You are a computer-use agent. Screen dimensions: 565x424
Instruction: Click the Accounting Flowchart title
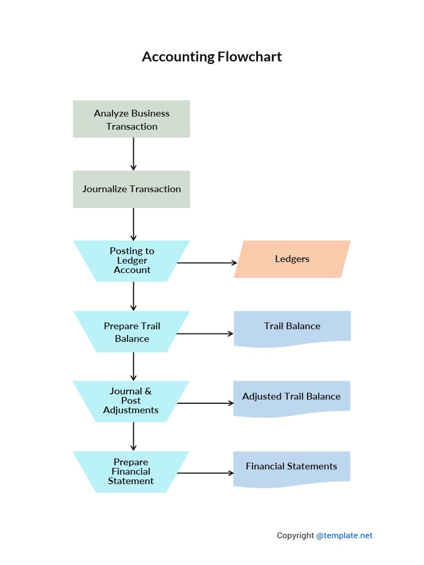tap(211, 56)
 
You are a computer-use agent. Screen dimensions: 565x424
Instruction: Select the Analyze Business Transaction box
tap(131, 119)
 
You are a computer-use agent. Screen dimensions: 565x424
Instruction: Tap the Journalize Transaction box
tap(131, 189)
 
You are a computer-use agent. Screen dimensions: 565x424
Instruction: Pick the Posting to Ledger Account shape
tap(131, 260)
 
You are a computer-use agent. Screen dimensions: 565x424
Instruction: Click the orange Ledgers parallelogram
tap(292, 259)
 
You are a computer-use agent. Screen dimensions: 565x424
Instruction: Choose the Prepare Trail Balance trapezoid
tap(131, 332)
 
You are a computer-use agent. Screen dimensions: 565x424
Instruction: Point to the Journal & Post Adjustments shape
tap(131, 401)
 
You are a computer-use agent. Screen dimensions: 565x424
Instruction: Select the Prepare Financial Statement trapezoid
tap(131, 472)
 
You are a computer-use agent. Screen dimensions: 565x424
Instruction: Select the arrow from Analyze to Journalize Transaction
tap(134, 153)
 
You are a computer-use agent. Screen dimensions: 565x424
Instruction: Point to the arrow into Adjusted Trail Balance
tap(204, 403)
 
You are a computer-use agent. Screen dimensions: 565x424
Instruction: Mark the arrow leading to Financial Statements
tap(204, 473)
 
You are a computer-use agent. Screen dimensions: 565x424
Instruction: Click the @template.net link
tap(344, 535)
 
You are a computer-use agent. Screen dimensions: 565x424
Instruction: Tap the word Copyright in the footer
tap(295, 535)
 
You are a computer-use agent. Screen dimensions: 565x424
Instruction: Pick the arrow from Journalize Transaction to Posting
tap(134, 223)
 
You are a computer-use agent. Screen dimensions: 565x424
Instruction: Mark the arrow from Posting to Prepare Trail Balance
tap(134, 296)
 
